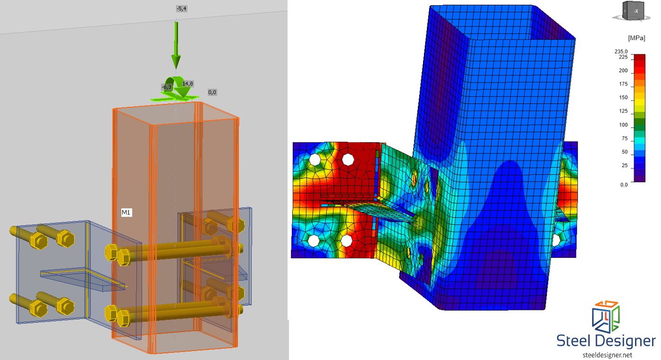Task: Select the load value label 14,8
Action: tap(187, 84)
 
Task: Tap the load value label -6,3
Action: tap(167, 87)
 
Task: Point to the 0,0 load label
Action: tap(212, 92)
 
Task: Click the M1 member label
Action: tap(126, 213)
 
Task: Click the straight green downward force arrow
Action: tap(176, 45)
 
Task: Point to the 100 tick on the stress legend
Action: tap(623, 125)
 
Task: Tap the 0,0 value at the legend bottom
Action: tap(623, 185)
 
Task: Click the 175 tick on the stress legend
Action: tap(623, 84)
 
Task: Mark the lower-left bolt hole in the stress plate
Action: tap(313, 241)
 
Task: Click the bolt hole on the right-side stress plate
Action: tap(556, 240)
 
